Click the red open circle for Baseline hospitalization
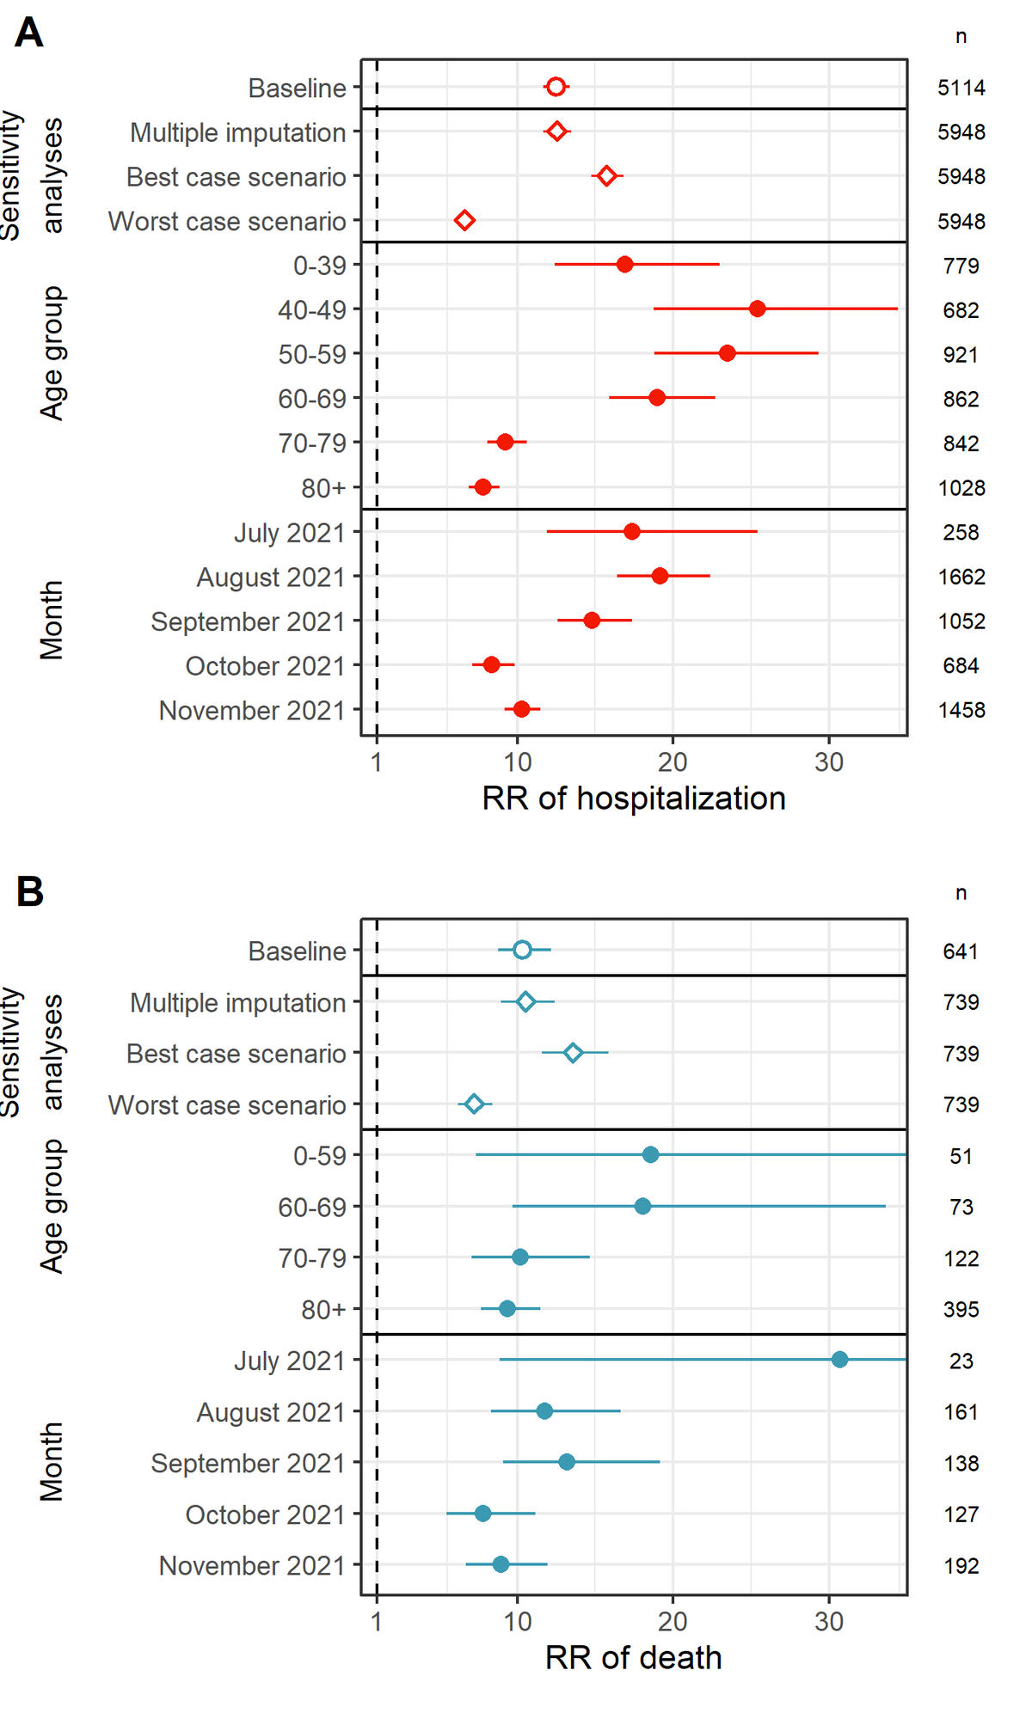tap(556, 87)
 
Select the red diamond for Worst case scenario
tap(464, 221)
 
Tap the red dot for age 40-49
tap(757, 309)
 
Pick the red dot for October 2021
tap(491, 664)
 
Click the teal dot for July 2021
tap(839, 1359)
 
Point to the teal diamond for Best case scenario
tap(573, 1053)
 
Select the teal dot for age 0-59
tap(650, 1154)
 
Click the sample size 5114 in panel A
tap(961, 88)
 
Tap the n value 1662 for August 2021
tap(961, 577)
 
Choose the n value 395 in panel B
tap(961, 1310)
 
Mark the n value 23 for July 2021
tap(961, 1361)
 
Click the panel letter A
tap(29, 34)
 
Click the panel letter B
tap(30, 891)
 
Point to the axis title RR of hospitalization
tap(634, 798)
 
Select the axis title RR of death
tap(634, 1658)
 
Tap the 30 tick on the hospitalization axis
tap(829, 762)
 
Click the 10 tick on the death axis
tap(517, 1622)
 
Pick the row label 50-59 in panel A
tap(311, 354)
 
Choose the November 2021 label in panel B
tap(252, 1566)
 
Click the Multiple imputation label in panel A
tap(238, 133)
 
